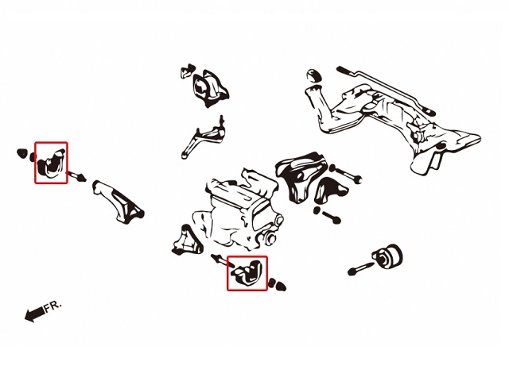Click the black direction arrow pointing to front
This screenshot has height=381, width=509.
pyautogui.click(x=34, y=314)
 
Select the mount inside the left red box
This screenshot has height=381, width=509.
pyautogui.click(x=51, y=164)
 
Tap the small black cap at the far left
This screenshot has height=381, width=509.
pyautogui.click(x=21, y=153)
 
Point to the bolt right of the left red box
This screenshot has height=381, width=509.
pyautogui.click(x=77, y=177)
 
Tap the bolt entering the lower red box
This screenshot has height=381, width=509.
pyautogui.click(x=222, y=260)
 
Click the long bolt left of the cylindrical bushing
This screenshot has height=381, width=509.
pyautogui.click(x=359, y=268)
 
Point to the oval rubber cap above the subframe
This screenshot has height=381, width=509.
pyautogui.click(x=313, y=75)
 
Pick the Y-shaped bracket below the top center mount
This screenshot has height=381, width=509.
pyautogui.click(x=204, y=137)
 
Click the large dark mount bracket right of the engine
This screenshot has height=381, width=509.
pyautogui.click(x=301, y=176)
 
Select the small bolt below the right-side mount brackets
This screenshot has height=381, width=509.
pyautogui.click(x=327, y=215)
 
